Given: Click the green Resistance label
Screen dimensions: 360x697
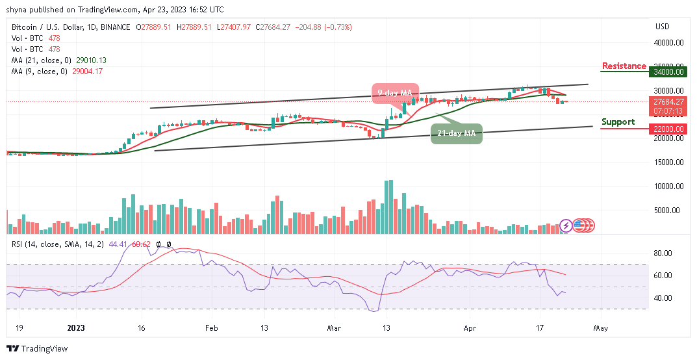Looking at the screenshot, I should [624, 66].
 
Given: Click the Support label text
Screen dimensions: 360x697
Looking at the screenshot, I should [618, 122].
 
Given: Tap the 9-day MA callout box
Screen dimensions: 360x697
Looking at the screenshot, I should [394, 93].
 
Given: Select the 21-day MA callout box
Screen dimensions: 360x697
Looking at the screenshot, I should [457, 133].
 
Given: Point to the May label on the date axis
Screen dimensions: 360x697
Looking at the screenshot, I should [601, 329].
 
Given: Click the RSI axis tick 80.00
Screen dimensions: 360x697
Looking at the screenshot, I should [662, 253].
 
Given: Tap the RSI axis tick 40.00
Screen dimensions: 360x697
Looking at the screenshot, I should [662, 298].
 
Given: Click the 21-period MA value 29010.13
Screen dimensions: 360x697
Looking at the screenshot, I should [92, 60].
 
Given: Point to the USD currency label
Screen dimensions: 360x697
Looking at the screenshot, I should [663, 27].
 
